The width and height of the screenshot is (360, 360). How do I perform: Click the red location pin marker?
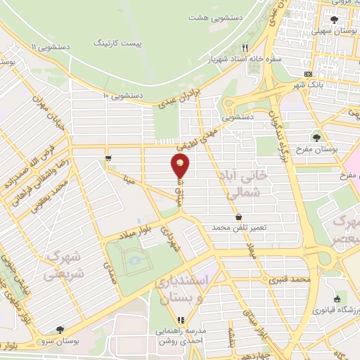[x=180, y=166]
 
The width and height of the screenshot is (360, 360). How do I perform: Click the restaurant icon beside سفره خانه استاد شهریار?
[x=245, y=47]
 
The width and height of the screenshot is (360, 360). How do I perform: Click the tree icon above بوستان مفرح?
[x=318, y=138]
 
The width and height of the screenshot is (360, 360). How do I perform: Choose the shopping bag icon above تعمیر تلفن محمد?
[x=239, y=217]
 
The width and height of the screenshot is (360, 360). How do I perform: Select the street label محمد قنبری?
[x=292, y=280]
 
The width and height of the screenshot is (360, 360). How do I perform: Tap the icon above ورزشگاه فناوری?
[x=337, y=299]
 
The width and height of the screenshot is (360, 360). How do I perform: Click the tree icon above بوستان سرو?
[x=60, y=328]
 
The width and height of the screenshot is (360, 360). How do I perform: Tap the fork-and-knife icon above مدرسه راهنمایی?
[x=181, y=319]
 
